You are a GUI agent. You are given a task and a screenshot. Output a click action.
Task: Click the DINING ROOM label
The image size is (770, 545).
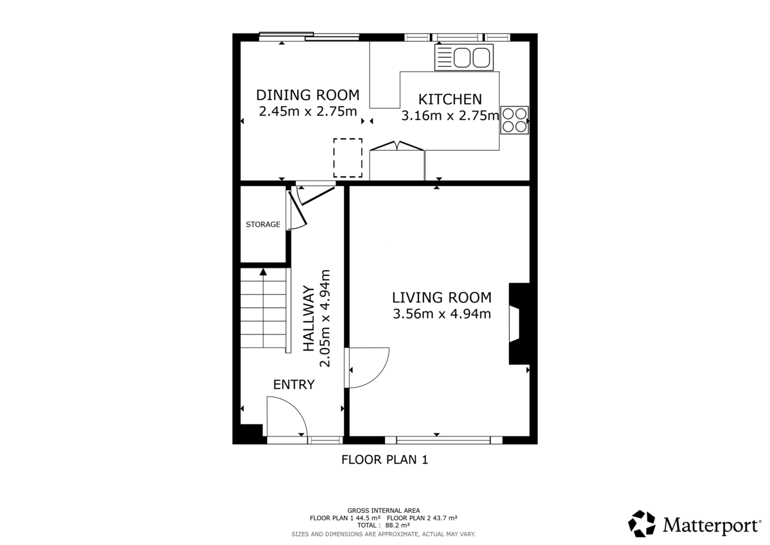point(307,95)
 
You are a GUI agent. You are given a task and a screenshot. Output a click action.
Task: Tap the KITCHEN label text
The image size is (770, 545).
point(450,99)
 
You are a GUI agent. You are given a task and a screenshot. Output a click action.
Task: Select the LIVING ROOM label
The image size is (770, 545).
point(441,298)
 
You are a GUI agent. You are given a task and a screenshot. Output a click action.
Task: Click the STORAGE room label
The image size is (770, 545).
point(263,225)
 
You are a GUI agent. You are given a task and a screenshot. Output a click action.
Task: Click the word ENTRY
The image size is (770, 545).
point(294,385)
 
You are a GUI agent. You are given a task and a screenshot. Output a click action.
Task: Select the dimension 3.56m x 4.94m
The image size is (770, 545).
point(441,314)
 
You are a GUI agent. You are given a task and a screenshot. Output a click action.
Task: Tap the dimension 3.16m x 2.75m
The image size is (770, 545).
point(450,116)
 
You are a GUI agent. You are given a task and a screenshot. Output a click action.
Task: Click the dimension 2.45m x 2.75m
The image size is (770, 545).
point(307,111)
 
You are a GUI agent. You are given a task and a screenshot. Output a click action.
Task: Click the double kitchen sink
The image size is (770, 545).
point(463,57)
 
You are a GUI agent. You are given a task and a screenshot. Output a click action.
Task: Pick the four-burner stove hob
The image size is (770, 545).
point(515,120)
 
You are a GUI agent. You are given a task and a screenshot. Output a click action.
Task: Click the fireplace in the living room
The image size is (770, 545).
point(517,324)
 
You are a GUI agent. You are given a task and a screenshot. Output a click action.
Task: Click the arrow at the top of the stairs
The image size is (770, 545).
point(262,273)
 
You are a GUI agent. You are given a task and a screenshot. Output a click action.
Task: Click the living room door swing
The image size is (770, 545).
point(368,367)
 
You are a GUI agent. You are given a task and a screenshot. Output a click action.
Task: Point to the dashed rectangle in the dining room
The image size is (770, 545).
point(347,158)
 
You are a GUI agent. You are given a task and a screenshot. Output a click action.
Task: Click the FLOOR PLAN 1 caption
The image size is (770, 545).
point(384,460)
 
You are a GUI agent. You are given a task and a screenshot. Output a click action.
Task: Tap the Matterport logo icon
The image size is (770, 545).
point(641,524)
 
